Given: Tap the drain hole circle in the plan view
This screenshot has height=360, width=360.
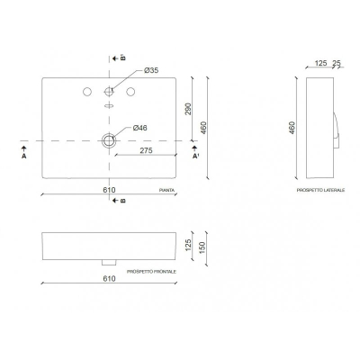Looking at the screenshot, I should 110,140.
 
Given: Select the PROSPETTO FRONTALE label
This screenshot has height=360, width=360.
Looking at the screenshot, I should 151,270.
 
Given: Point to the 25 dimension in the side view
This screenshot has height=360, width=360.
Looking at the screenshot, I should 337,63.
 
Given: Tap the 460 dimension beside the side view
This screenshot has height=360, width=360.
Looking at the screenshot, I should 292,128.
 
